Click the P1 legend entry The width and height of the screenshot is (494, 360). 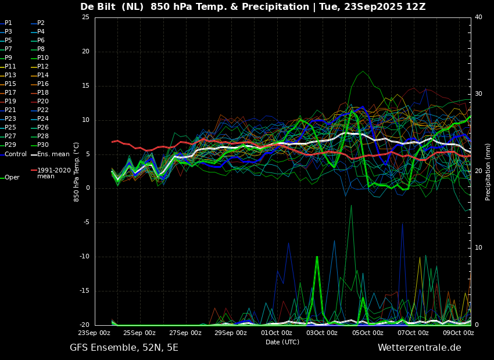[x=8, y=23]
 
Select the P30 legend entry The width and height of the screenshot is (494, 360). [x=43, y=145]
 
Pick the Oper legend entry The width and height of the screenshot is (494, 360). [x=12, y=178]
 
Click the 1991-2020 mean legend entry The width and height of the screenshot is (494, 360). [x=53, y=174]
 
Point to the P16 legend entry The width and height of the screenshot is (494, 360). [x=43, y=84]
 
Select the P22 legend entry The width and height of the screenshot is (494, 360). [x=43, y=110]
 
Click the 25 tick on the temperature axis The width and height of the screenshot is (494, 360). [x=85, y=17]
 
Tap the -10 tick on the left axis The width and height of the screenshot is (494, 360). [x=84, y=257]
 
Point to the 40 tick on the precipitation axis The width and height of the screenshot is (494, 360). [x=478, y=17]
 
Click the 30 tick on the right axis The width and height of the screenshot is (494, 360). [x=478, y=94]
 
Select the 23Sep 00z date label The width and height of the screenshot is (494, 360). [x=94, y=333]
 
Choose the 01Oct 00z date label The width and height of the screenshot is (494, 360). [x=276, y=333]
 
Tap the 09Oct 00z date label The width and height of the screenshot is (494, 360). [x=458, y=333]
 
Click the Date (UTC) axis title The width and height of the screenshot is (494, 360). [x=282, y=343]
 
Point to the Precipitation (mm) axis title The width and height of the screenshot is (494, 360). [x=488, y=171]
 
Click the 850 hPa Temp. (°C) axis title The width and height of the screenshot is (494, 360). [x=76, y=171]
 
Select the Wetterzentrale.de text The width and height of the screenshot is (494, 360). [x=419, y=348]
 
